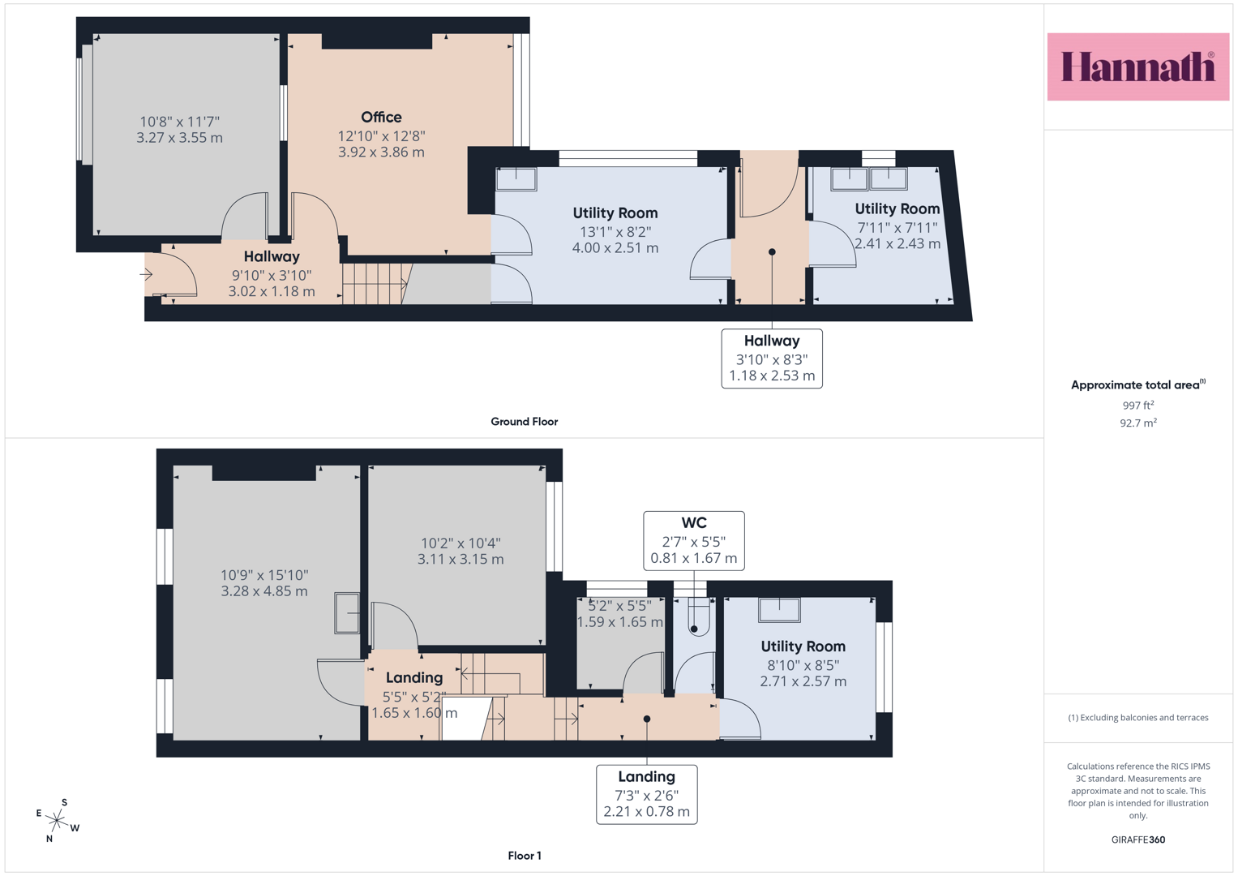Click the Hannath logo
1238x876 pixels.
(1138, 67)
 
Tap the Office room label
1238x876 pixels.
(381, 118)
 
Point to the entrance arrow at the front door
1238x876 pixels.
(146, 274)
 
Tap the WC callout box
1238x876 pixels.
(694, 541)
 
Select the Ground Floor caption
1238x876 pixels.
(524, 422)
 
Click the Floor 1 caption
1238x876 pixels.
(525, 856)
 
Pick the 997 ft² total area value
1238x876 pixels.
(1138, 406)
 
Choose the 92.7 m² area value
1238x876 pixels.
(1138, 423)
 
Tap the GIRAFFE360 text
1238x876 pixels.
(1138, 839)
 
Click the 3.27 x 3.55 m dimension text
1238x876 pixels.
(180, 138)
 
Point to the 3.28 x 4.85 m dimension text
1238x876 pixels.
(264, 591)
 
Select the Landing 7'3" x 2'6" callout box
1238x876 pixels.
(647, 795)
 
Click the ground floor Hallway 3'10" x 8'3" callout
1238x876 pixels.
(772, 359)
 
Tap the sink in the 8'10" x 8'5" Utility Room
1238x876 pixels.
(779, 609)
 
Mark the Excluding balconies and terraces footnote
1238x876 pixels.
(1138, 718)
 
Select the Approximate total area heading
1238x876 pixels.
(1138, 385)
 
